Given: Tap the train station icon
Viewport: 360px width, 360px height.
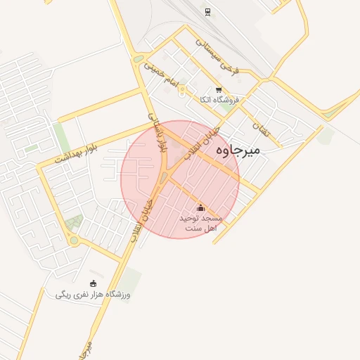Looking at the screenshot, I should tap(207, 12).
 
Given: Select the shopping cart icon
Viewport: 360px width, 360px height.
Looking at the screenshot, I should tap(219, 89).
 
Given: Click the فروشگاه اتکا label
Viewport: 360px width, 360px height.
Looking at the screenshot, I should tap(219, 101).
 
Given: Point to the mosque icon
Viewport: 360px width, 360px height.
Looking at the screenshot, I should tap(200, 208).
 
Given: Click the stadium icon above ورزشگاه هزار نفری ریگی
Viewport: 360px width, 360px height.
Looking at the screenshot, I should tap(94, 283).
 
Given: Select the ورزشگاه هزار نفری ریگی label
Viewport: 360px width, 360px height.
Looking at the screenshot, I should tap(93, 295).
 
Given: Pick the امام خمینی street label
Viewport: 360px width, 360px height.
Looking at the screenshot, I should tap(157, 70).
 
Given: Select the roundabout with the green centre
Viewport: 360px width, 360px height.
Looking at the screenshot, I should tap(74, 241).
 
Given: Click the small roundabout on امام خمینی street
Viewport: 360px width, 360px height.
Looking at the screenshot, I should tap(182, 91).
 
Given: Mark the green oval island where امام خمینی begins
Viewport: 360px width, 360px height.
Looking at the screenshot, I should tap(139, 59).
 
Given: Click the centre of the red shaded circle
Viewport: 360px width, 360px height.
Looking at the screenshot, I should tap(180, 179).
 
